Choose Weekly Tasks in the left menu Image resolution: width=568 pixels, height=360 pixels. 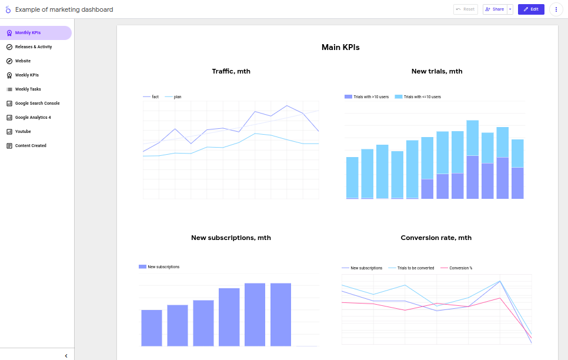click(x=28, y=89)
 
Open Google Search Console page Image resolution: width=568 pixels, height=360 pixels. click(x=37, y=104)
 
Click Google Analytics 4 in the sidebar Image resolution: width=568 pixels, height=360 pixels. click(x=33, y=118)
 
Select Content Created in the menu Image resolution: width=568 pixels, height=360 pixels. click(x=31, y=146)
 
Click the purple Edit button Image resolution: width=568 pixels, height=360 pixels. click(x=531, y=9)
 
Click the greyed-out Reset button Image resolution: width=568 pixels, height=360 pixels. click(x=465, y=9)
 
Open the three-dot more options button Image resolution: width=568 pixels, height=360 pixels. click(x=556, y=9)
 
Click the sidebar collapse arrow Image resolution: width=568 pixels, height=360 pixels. click(x=66, y=355)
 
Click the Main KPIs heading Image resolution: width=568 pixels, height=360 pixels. click(x=340, y=47)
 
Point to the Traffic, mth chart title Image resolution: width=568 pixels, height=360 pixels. click(x=231, y=71)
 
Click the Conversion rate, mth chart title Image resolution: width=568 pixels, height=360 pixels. click(x=436, y=238)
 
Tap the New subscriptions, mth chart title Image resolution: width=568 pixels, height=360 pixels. click(x=231, y=238)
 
